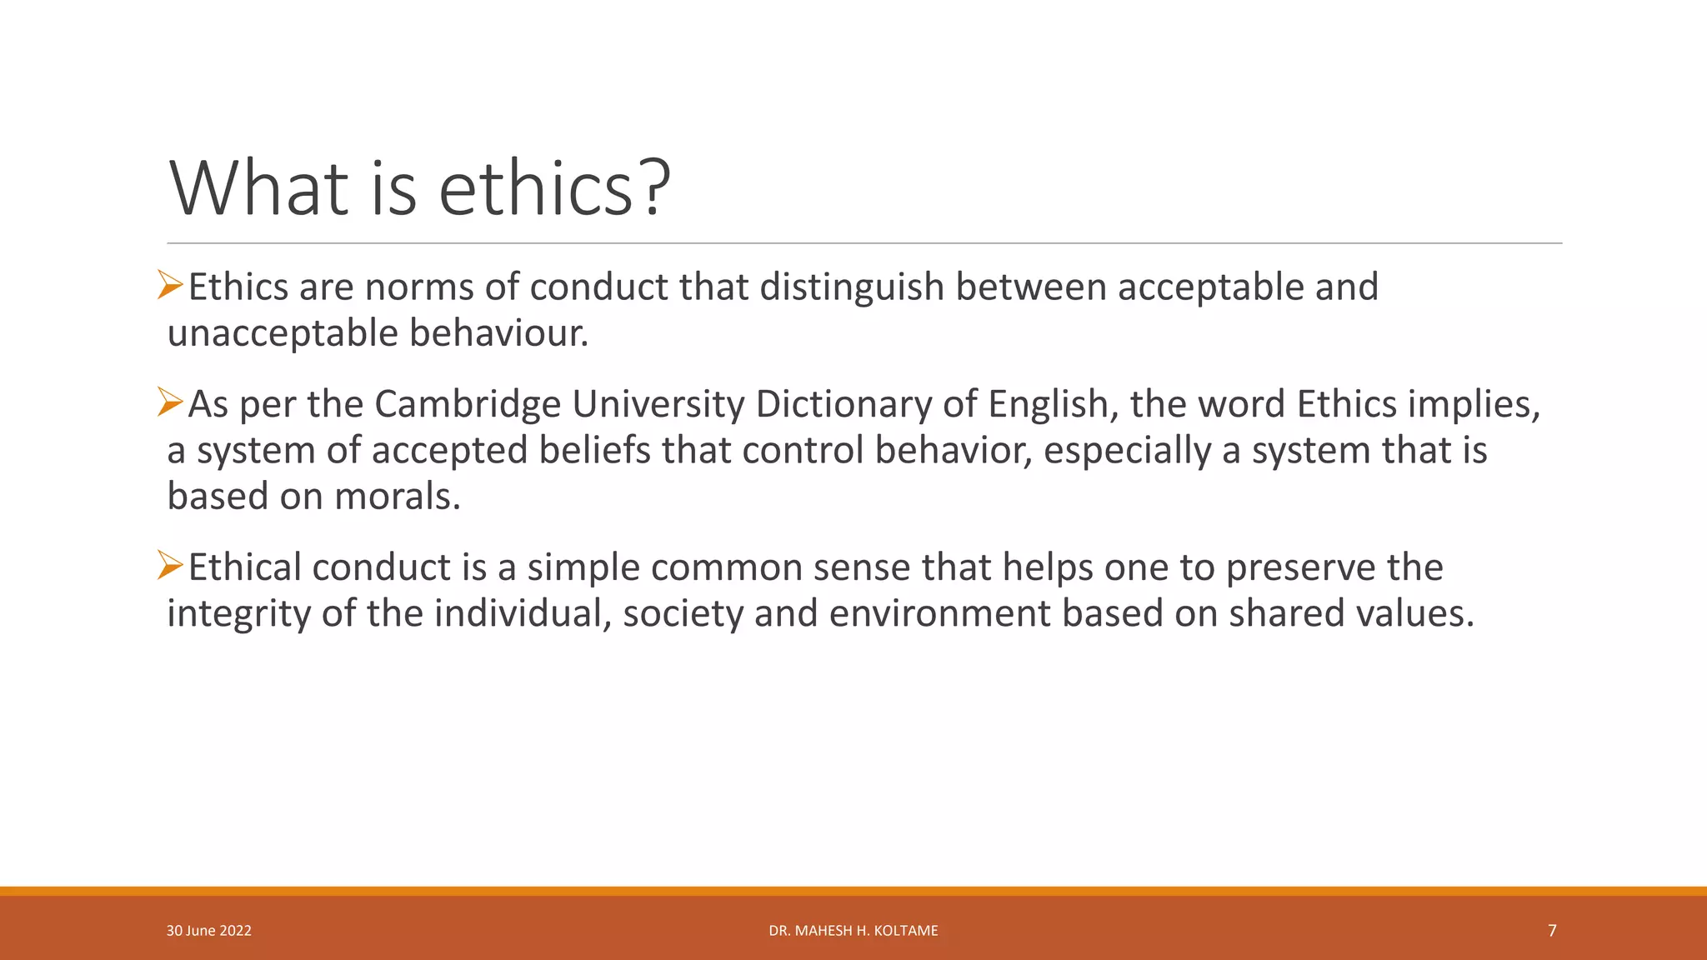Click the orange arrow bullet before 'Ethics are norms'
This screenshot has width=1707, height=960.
pos(170,285)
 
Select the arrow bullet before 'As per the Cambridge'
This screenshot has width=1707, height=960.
pos(170,402)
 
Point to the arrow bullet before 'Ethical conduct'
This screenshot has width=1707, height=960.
pos(170,566)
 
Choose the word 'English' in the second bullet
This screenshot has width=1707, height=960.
pos(1049,404)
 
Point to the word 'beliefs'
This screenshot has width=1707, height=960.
pos(593,451)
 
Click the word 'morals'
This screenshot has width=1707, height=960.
pos(396,497)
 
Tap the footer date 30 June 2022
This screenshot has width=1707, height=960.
pos(208,931)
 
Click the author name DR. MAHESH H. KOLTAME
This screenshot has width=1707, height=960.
pos(853,931)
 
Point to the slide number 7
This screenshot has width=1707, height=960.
pos(1551,931)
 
